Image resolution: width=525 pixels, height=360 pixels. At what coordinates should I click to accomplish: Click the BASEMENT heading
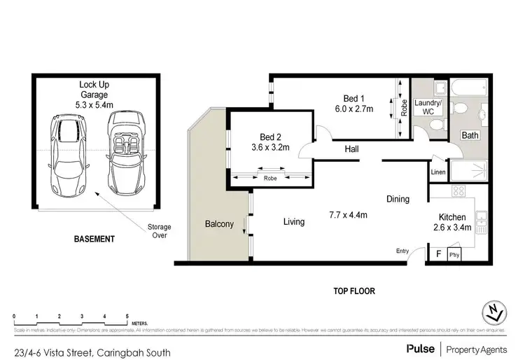(94, 239)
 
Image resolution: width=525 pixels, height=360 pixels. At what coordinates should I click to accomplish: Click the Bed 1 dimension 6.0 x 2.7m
(353, 109)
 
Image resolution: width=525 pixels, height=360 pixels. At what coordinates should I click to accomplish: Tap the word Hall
(351, 148)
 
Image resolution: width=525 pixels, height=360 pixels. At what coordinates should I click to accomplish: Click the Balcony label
(218, 224)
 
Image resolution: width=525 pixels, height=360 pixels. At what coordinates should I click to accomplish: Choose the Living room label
(294, 222)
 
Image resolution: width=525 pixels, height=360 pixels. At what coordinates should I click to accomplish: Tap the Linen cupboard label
(438, 172)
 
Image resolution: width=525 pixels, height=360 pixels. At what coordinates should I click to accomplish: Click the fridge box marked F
(438, 254)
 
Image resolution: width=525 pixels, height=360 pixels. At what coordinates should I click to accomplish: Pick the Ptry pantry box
(454, 254)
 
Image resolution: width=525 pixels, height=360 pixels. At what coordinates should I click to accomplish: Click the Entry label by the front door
(402, 251)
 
